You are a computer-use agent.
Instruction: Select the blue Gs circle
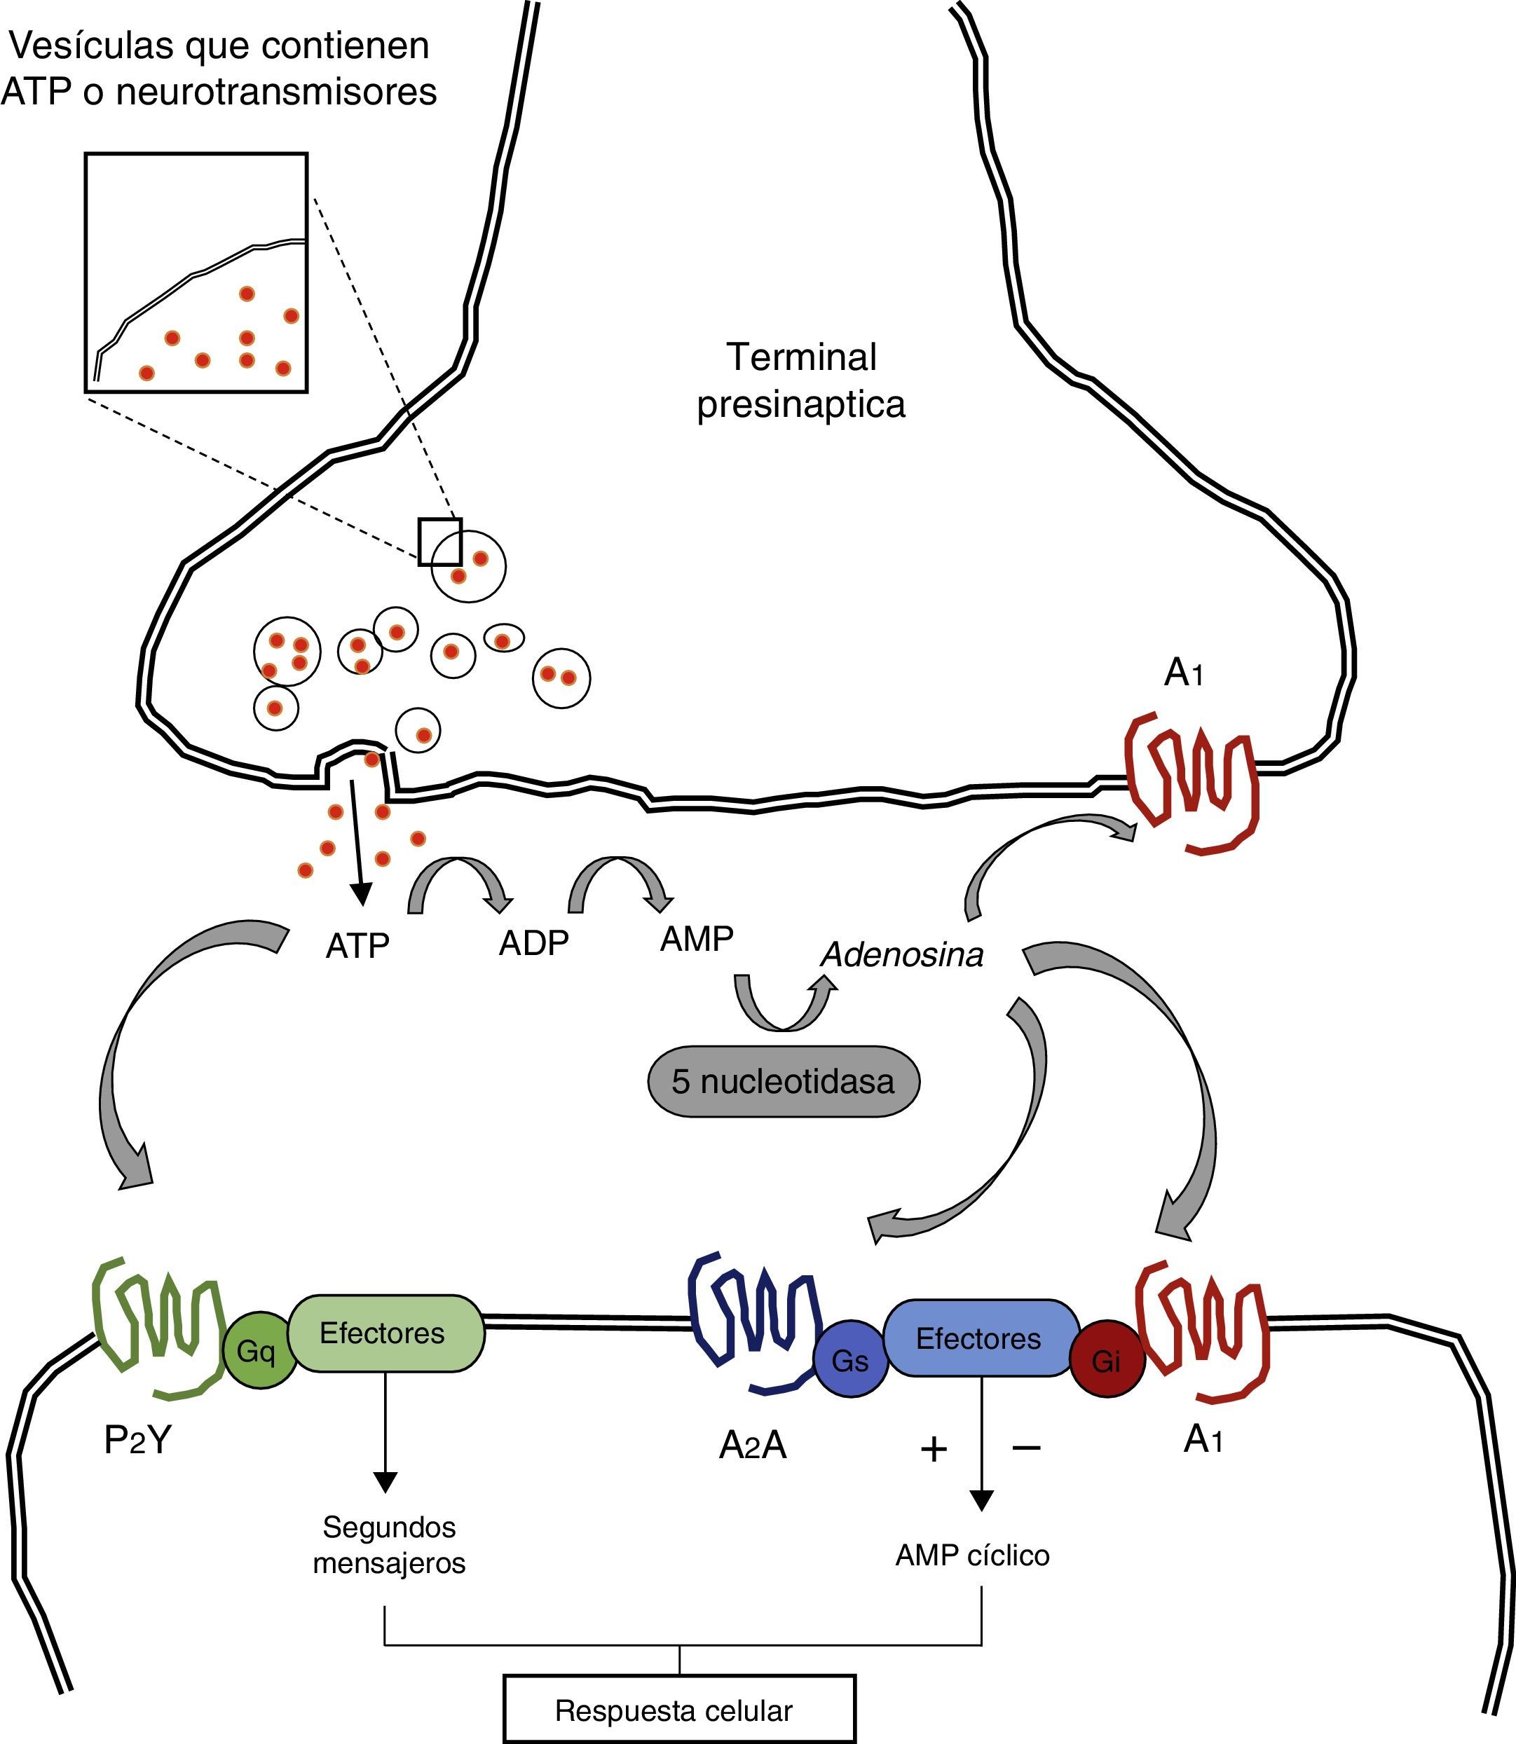coord(850,1360)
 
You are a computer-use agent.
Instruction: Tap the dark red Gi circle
coord(1107,1360)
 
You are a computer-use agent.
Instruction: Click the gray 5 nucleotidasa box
coord(783,1082)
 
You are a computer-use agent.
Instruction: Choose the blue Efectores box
coord(980,1339)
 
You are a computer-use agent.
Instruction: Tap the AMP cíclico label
coord(972,1555)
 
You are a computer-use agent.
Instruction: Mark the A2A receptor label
coord(753,1446)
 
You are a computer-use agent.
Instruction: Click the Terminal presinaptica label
coord(801,380)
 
